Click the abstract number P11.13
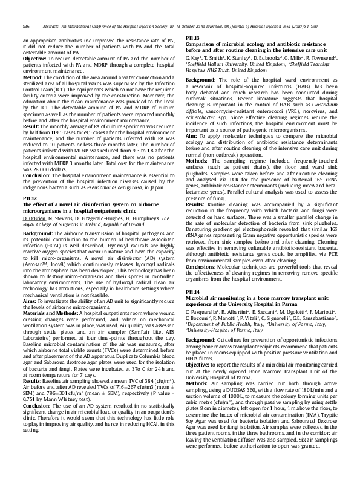click(193, 38)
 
